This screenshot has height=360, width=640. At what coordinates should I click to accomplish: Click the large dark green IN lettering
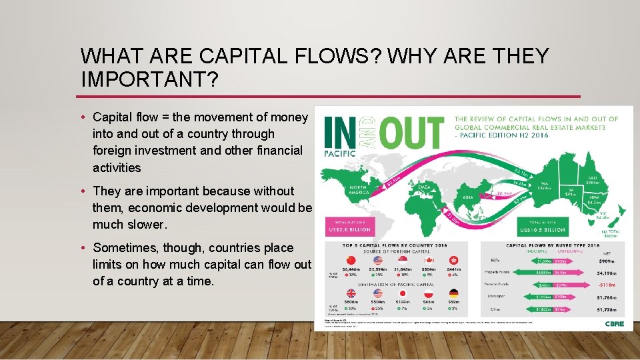(x=341, y=133)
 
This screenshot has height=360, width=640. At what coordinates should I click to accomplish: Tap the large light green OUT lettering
(x=413, y=133)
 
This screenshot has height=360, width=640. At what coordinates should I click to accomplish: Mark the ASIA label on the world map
(x=469, y=197)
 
